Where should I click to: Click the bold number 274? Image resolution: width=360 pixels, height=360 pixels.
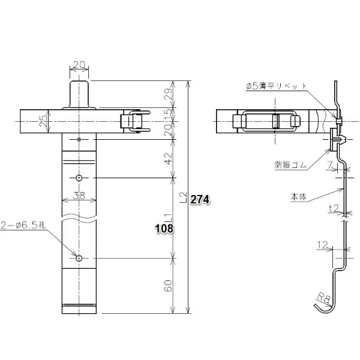pos(200,200)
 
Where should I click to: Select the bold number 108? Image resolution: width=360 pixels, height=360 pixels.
pos(164,229)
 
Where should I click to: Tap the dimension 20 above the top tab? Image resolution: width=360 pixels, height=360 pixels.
pos(79,65)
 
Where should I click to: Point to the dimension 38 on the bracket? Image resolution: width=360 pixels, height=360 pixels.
pos(79,196)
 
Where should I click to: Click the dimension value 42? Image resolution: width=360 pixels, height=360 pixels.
pos(169,158)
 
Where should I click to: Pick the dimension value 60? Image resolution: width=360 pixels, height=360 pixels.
pos(169,286)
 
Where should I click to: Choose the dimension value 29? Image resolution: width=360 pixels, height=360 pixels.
pos(169,94)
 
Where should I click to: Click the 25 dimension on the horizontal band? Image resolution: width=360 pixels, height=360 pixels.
pos(43,121)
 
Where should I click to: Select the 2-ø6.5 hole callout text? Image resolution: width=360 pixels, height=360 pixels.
pos(23,226)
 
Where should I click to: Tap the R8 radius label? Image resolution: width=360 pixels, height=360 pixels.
pos(324,298)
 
